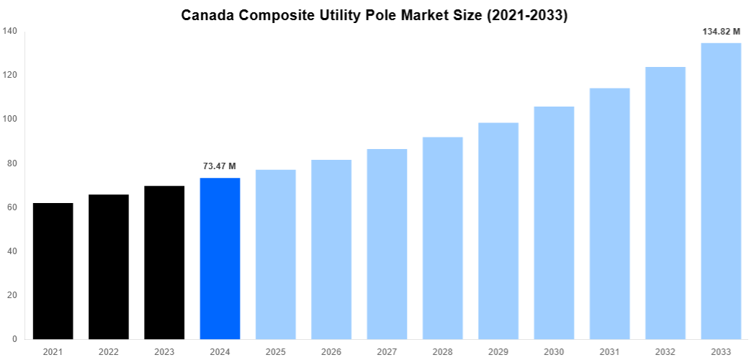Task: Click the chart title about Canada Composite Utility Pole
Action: click(374, 15)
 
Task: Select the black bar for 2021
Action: click(53, 271)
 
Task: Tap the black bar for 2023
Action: click(164, 263)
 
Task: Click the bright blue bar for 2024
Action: click(220, 258)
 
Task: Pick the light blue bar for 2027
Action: click(387, 244)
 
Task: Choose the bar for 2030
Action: click(554, 222)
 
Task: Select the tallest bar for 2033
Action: click(721, 191)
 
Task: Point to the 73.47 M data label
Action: click(220, 166)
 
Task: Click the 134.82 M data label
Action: click(721, 32)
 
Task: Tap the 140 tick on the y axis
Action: click(10, 31)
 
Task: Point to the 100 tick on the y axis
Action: click(10, 119)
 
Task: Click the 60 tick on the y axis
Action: click(12, 207)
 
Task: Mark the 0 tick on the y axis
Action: click(15, 339)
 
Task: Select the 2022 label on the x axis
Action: click(109, 351)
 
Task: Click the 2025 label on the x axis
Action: click(276, 351)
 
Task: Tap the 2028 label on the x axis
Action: click(443, 351)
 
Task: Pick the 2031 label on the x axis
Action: click(609, 351)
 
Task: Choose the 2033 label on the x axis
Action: click(721, 351)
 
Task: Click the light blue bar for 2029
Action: click(498, 230)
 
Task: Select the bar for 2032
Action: click(665, 203)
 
